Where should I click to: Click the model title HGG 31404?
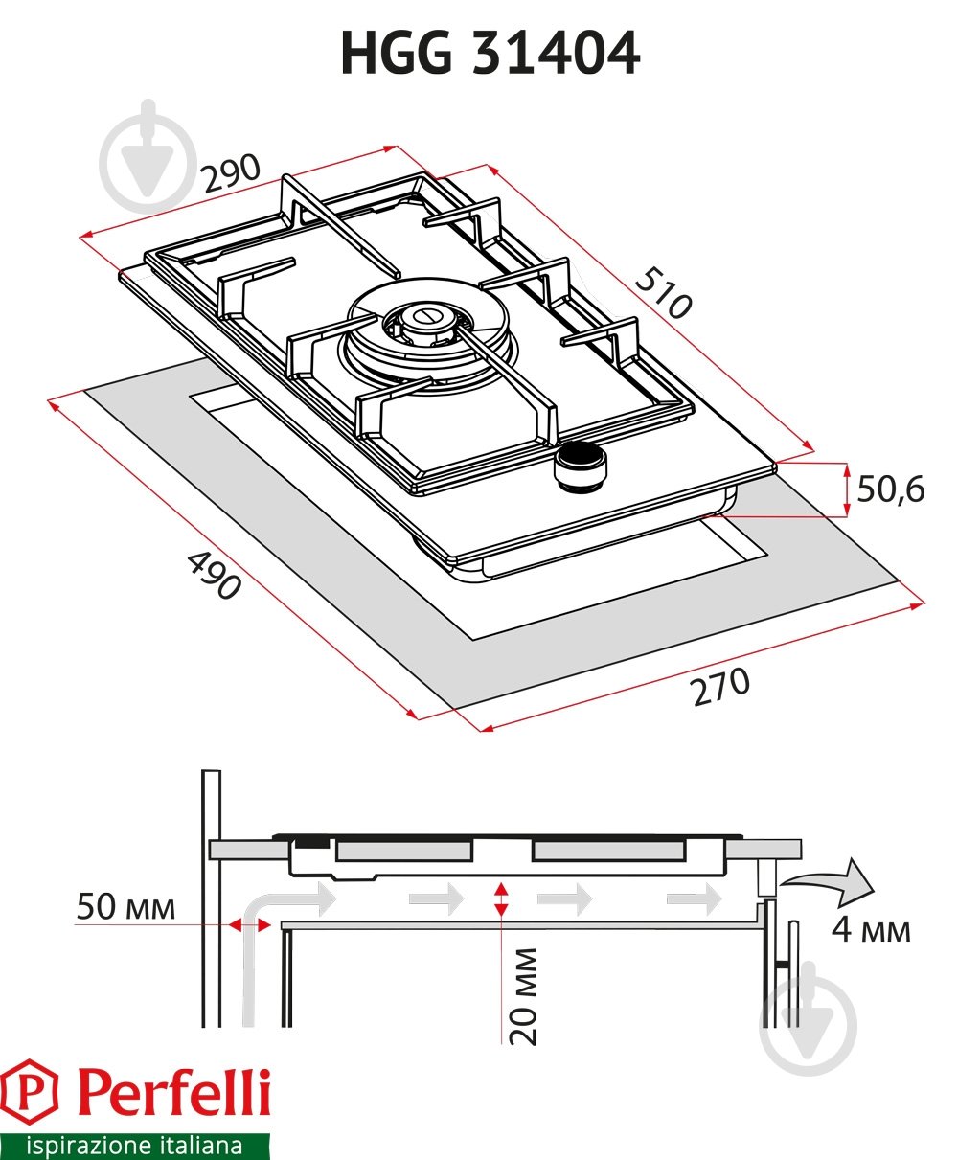(x=490, y=54)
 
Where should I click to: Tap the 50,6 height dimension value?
(x=890, y=489)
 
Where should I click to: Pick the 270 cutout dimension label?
(x=721, y=686)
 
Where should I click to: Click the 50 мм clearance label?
(x=126, y=906)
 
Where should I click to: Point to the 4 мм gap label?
(x=870, y=928)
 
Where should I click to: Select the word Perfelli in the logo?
(x=172, y=1093)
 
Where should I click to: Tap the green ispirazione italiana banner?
(x=134, y=1146)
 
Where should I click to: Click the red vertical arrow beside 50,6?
(x=847, y=489)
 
